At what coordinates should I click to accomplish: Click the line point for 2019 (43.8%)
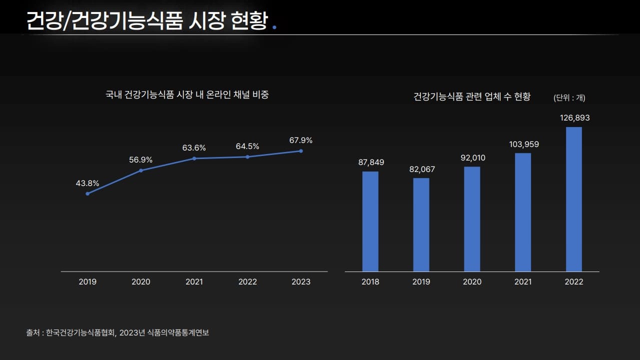point(87,193)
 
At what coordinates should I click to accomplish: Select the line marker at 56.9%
point(141,170)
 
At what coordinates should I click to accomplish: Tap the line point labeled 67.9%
point(301,151)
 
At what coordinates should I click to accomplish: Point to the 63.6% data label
point(194,148)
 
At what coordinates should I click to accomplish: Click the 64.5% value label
point(247,146)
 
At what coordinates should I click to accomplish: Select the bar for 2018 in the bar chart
point(370,221)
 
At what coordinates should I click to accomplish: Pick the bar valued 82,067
point(421,224)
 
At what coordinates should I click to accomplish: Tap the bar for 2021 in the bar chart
point(523,212)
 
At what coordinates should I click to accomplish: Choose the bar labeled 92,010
point(472,219)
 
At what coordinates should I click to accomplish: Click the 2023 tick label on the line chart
point(301,282)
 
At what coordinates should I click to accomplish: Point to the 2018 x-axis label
point(370,282)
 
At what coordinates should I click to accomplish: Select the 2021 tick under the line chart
point(194,282)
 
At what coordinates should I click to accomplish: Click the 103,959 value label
point(524,144)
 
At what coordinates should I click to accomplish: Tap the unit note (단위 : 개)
point(569,98)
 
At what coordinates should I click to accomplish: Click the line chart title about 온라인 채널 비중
point(187,94)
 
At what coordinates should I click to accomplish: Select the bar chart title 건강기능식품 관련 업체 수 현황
point(472,96)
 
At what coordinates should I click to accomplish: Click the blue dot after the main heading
point(273,27)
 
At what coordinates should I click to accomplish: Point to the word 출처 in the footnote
point(33,332)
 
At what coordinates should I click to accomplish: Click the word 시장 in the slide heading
point(207,21)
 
